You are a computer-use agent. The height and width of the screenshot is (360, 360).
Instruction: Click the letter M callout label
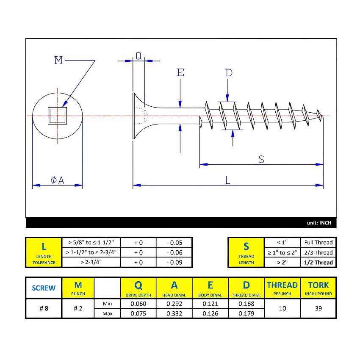click(58, 61)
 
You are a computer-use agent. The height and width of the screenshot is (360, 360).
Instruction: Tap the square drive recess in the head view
click(57, 115)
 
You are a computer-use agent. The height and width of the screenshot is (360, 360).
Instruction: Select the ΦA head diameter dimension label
click(58, 180)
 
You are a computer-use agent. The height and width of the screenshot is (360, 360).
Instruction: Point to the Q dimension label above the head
click(138, 55)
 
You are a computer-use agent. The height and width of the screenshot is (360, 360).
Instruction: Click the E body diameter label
click(180, 73)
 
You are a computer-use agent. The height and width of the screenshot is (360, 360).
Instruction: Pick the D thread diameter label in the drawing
click(228, 73)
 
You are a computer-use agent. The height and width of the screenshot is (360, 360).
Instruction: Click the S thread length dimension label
click(261, 159)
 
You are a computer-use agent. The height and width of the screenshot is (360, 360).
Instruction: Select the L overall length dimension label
click(228, 180)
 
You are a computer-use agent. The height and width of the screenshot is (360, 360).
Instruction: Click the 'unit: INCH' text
click(319, 223)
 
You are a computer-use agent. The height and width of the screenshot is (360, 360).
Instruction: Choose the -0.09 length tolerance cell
click(174, 263)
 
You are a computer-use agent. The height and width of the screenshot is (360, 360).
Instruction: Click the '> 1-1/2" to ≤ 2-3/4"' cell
click(92, 252)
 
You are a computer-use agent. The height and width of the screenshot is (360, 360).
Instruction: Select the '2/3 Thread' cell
click(318, 252)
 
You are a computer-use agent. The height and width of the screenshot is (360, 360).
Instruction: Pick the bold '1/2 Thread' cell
click(318, 263)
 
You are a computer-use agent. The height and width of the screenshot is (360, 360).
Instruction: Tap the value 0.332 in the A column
click(174, 314)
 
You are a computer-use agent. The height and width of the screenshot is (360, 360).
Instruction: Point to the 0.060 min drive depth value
click(138, 304)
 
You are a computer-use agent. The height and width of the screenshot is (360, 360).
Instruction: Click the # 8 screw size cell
click(44, 308)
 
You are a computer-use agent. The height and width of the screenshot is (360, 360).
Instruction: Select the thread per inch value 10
click(282, 308)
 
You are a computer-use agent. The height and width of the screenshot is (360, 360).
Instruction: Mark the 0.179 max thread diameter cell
click(246, 314)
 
